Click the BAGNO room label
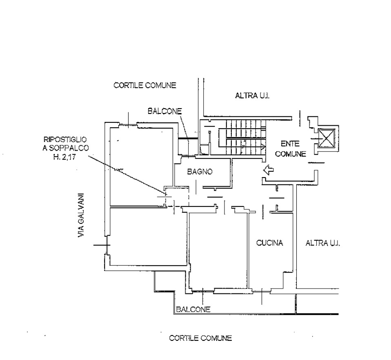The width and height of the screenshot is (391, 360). click(x=200, y=172)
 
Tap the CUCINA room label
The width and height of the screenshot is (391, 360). click(x=269, y=243)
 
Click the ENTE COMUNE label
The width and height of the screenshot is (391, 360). click(x=290, y=149)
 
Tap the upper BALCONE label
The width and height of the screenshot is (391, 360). click(x=164, y=111)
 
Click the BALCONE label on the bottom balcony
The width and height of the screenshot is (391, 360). click(x=193, y=310)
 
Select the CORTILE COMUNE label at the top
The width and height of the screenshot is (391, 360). click(x=144, y=85)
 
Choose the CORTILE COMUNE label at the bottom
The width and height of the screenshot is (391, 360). click(x=200, y=338)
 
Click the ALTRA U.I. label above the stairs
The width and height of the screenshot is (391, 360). click(x=253, y=96)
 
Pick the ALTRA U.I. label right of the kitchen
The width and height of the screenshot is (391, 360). click(x=323, y=243)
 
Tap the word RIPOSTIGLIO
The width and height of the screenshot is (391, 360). click(x=64, y=140)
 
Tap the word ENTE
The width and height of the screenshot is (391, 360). click(x=290, y=144)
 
